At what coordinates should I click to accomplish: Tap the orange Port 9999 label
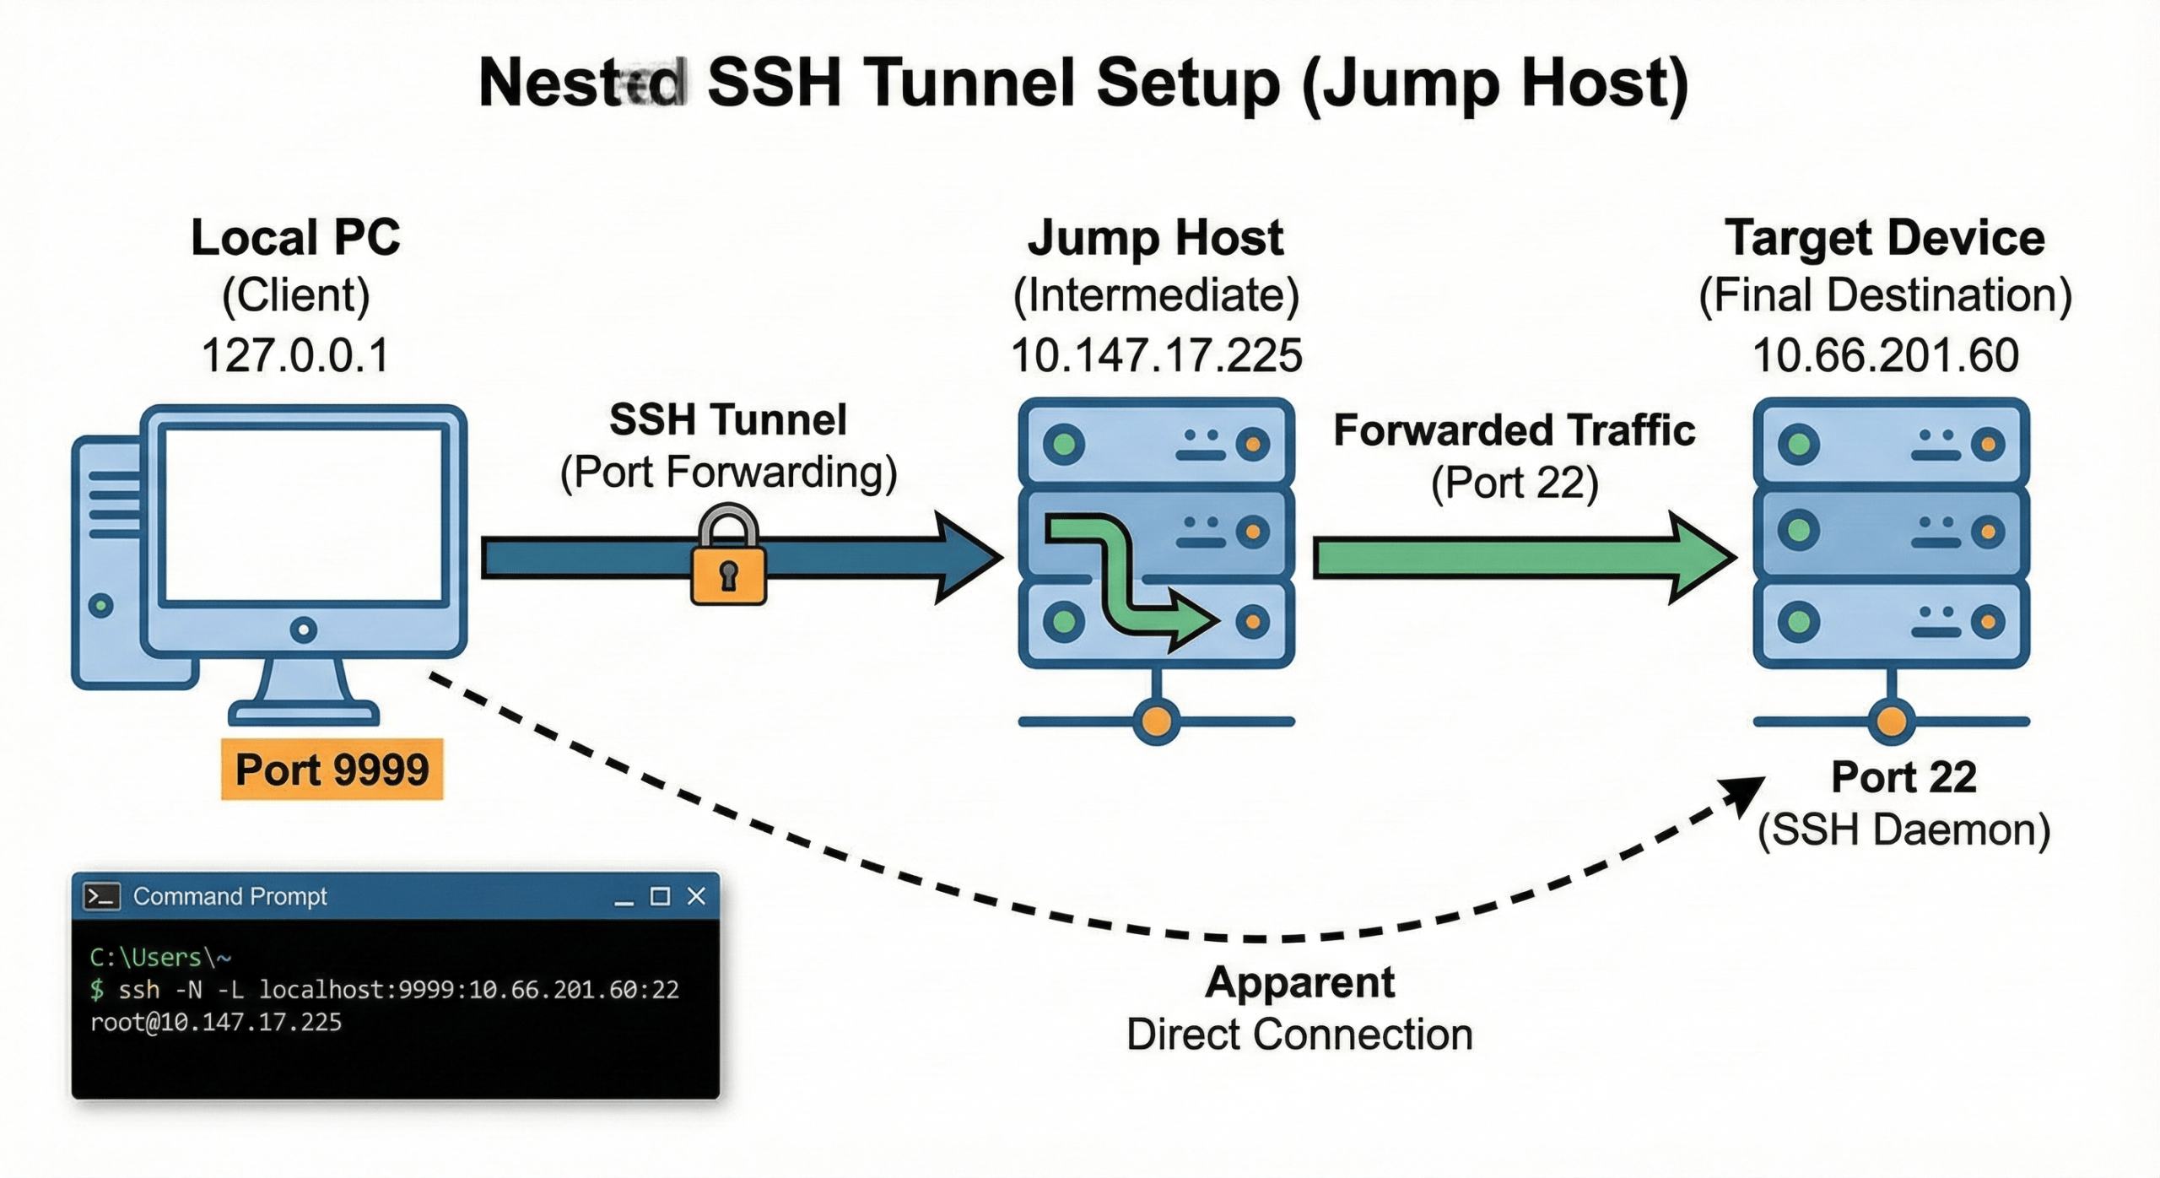click(x=332, y=770)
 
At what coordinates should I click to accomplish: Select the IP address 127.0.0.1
click(x=295, y=354)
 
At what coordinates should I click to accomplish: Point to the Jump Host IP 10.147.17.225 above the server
click(x=1156, y=354)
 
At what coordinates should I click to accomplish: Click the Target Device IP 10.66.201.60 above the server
click(x=1885, y=354)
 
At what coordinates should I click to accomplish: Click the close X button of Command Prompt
click(x=696, y=896)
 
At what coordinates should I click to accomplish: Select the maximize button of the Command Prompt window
click(x=660, y=896)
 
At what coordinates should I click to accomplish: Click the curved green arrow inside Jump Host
click(x=1122, y=582)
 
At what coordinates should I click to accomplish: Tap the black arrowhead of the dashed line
click(x=1743, y=796)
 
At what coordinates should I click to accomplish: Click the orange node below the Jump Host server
click(x=1156, y=721)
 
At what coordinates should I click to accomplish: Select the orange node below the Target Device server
click(x=1891, y=721)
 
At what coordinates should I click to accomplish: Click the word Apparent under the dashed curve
click(x=1299, y=982)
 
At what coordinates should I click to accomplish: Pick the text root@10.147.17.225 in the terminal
click(x=216, y=1023)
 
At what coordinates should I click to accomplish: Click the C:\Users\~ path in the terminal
click(x=160, y=957)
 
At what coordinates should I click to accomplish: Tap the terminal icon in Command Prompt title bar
click(x=102, y=896)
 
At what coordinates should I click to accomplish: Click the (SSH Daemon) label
click(x=1903, y=830)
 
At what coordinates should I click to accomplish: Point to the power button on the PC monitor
click(x=303, y=630)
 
